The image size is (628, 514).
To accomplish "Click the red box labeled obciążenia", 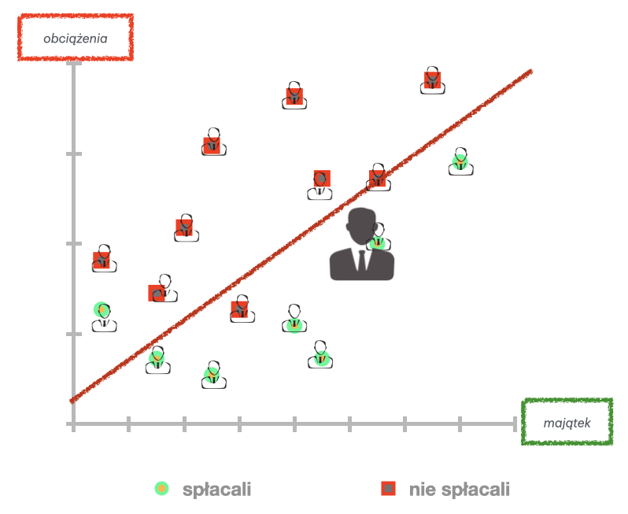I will [76, 37].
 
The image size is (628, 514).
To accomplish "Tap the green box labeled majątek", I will [567, 422].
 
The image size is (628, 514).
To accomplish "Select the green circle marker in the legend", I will [161, 489].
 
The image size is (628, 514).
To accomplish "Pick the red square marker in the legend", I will [388, 489].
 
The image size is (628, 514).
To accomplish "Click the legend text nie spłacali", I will [460, 490].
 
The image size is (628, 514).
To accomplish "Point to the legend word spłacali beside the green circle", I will [216, 490].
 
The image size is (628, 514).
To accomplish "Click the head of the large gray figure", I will [362, 224].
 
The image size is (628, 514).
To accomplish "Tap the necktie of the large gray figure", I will [362, 259].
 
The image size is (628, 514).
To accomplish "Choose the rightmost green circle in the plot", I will [460, 162].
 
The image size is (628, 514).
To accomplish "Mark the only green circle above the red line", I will [102, 310].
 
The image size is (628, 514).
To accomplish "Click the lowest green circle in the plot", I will [212, 374].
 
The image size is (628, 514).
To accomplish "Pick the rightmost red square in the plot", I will [433, 80].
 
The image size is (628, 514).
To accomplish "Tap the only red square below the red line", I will [240, 308].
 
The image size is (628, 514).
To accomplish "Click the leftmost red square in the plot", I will [102, 260].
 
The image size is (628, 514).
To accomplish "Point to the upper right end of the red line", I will [532, 71].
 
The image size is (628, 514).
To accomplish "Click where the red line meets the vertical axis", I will [73, 400].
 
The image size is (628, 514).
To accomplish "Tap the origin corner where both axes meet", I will [73, 424].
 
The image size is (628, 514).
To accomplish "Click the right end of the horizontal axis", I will [515, 424].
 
